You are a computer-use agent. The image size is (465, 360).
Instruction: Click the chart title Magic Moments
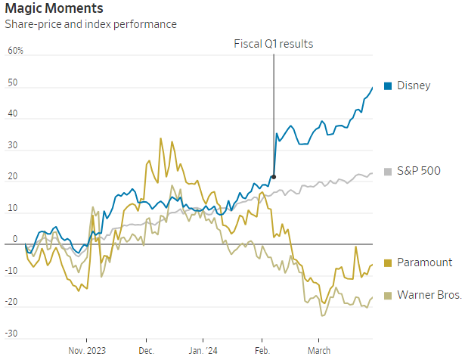click(x=54, y=8)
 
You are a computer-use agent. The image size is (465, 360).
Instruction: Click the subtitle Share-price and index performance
click(x=91, y=24)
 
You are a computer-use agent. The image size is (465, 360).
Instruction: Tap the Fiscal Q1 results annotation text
click(x=274, y=44)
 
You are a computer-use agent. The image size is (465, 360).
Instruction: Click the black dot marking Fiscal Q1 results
click(x=274, y=177)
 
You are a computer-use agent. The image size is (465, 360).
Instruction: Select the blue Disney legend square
click(x=388, y=86)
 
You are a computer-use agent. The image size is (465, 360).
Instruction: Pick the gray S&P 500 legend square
click(x=388, y=172)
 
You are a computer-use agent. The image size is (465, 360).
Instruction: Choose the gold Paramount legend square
click(x=388, y=263)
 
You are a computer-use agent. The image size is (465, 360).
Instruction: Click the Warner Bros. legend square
click(x=388, y=296)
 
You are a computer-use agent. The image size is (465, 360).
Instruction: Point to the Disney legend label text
click(x=414, y=85)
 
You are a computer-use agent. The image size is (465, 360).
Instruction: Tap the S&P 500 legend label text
click(x=419, y=171)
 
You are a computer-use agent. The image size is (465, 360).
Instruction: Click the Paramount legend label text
click(x=425, y=262)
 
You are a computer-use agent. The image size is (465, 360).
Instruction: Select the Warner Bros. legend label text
click(x=429, y=295)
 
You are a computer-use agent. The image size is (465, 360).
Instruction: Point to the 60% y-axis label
click(x=15, y=51)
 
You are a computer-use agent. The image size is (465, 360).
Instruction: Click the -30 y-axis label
click(x=11, y=334)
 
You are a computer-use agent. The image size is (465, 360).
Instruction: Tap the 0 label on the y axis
click(x=15, y=239)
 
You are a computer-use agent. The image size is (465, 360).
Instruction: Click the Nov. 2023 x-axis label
click(x=87, y=351)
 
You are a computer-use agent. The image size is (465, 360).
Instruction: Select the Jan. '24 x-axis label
click(x=203, y=351)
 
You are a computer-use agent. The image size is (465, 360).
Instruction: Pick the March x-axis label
click(x=319, y=351)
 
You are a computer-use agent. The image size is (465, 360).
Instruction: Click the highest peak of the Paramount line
click(x=161, y=138)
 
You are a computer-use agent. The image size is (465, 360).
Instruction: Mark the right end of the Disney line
click(x=372, y=88)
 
